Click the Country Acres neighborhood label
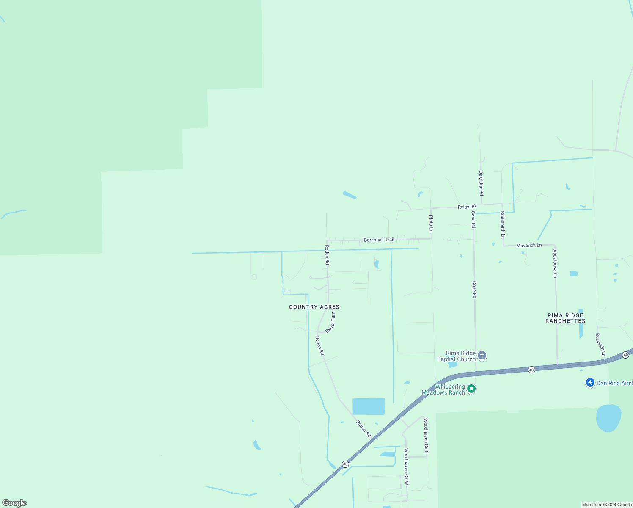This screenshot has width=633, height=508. click(x=314, y=307)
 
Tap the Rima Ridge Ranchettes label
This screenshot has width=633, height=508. click(x=565, y=318)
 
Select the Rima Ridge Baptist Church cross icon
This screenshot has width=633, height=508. click(x=482, y=356)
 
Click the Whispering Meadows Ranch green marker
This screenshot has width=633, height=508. click(x=471, y=389)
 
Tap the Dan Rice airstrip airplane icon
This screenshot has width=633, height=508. click(x=590, y=383)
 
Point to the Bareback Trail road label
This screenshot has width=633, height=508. click(x=379, y=240)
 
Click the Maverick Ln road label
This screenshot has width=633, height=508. click(x=529, y=245)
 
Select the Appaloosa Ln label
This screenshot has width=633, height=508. click(x=555, y=264)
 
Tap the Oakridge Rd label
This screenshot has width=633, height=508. click(x=481, y=183)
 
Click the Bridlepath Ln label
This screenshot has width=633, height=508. click(x=503, y=225)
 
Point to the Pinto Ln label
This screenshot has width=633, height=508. click(x=431, y=224)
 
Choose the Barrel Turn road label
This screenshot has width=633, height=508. click(x=330, y=322)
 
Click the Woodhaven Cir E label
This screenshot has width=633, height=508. click(x=426, y=436)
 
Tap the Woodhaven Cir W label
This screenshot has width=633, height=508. click(x=406, y=467)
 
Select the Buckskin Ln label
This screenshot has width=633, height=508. click(x=600, y=345)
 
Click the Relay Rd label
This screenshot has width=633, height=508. click(x=466, y=207)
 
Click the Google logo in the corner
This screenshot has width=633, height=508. click(x=14, y=503)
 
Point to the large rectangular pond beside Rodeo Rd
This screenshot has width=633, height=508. click(x=369, y=406)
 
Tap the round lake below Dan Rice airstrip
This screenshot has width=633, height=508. click(x=608, y=418)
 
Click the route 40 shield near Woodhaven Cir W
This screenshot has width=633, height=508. click(x=345, y=464)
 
